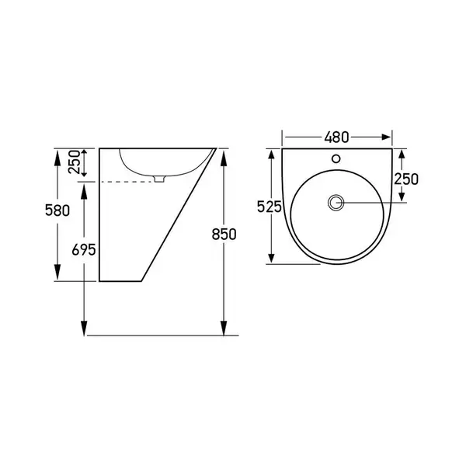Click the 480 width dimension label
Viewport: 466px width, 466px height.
[336, 137]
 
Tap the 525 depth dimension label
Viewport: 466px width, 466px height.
[269, 207]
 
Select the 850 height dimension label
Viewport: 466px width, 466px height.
[224, 235]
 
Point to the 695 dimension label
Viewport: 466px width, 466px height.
[84, 249]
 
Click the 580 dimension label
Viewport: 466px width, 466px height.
[57, 210]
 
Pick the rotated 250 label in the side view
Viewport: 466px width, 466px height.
[75, 162]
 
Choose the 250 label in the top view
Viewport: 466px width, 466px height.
[406, 179]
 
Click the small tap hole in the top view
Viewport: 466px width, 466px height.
[336, 158]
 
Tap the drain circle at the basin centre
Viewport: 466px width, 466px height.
[336, 203]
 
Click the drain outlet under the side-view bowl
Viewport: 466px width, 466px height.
[159, 179]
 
